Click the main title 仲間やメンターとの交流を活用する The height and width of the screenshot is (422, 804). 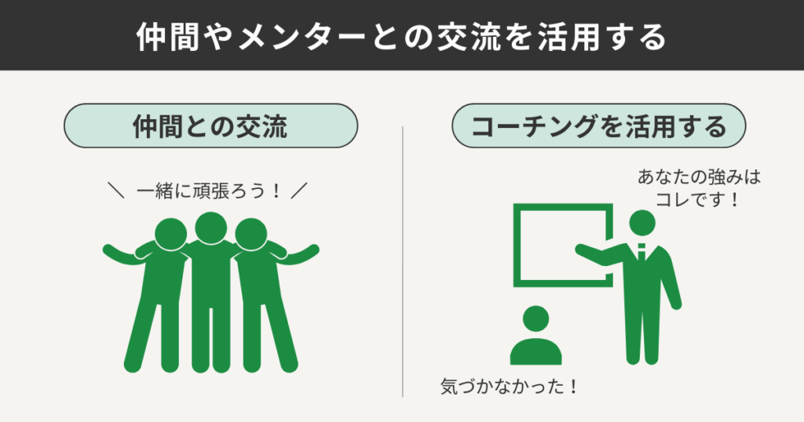401,36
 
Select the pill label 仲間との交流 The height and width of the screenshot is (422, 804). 210,127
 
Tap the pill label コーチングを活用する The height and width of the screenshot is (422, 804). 599,127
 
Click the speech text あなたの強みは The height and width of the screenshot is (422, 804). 699,178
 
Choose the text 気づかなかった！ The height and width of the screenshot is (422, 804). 509,387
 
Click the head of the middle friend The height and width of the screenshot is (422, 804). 210,228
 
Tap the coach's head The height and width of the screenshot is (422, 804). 643,223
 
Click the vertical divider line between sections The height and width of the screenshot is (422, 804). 403,259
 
